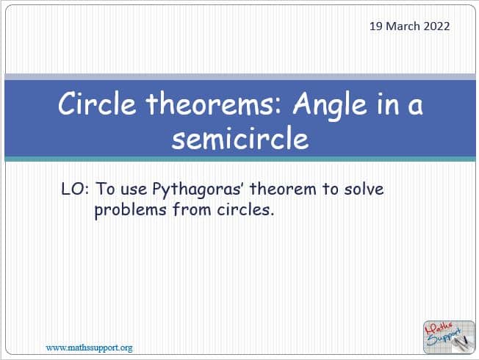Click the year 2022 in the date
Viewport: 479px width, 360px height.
436,26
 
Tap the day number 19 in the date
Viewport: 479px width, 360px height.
376,26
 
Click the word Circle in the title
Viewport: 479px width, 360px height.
97,104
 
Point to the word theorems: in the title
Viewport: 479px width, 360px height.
214,104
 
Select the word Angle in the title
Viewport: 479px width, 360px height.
329,106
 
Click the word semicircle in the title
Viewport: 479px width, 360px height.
240,138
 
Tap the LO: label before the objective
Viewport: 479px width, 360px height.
75,189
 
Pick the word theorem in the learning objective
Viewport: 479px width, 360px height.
283,189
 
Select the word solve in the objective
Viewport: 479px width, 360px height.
364,189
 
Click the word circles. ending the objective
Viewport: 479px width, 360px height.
245,209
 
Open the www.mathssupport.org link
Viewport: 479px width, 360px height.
89,348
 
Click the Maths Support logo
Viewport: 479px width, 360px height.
449,336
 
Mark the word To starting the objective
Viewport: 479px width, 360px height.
106,189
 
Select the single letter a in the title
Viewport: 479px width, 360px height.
416,107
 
